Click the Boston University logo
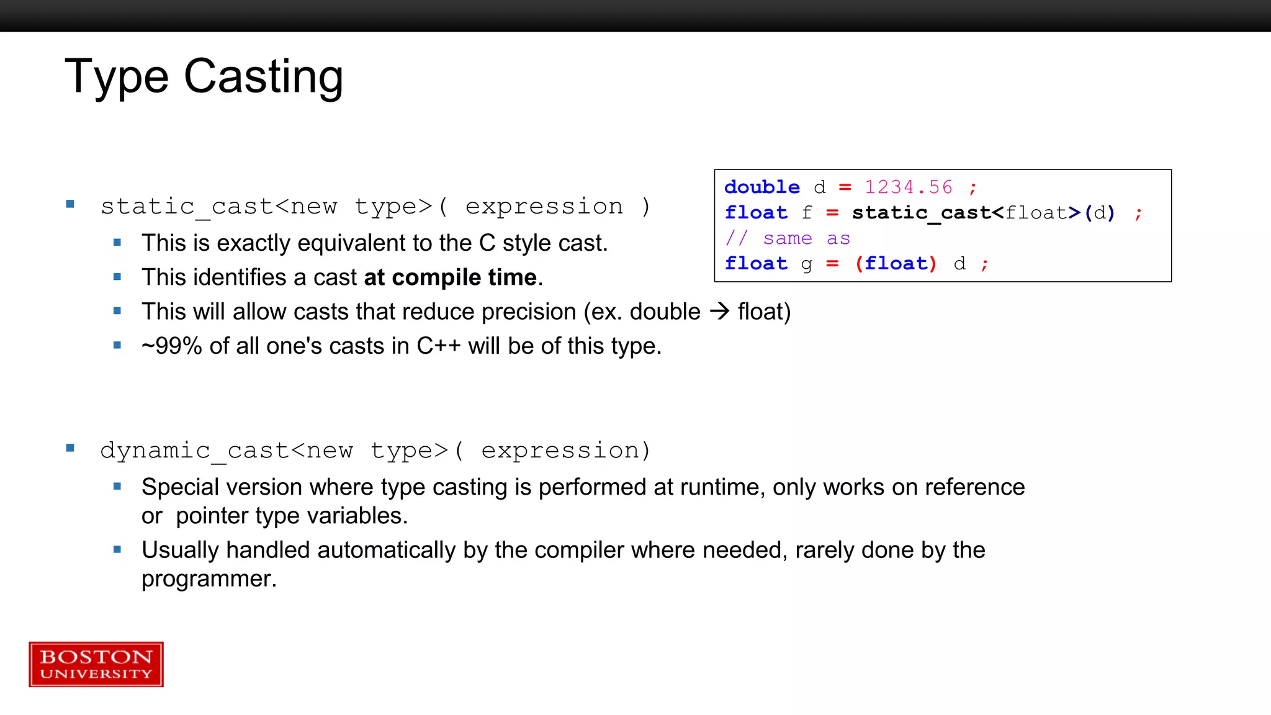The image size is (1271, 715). pos(96,664)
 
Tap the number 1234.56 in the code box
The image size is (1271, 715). pos(908,187)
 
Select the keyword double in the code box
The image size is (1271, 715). pos(762,187)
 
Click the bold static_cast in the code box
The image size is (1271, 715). pos(921,213)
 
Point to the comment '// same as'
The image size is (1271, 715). pos(788,238)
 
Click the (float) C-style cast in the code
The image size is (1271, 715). pos(896,264)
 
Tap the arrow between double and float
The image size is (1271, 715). pos(719,311)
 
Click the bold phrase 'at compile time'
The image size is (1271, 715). pos(450,277)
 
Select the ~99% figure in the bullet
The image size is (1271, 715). pos(172,346)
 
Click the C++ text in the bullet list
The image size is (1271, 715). pos(438,346)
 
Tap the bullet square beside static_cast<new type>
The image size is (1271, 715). pos(70,204)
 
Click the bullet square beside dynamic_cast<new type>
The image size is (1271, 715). pos(70,448)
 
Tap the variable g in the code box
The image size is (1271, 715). pos(806,265)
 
